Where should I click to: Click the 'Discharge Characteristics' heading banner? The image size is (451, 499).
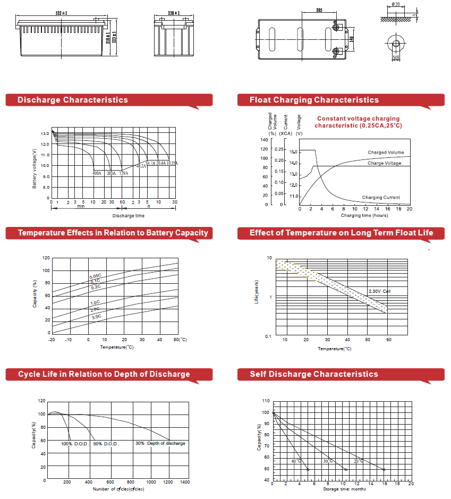(73, 100)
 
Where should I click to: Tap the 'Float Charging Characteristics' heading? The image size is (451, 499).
(314, 100)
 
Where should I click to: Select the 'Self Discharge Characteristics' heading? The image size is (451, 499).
(314, 374)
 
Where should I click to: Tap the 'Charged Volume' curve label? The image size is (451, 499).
(386, 153)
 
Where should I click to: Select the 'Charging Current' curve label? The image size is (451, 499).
(381, 198)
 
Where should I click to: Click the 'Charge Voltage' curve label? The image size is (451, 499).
(384, 163)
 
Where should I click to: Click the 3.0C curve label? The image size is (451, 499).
(96, 317)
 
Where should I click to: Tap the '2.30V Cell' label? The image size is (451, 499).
(380, 291)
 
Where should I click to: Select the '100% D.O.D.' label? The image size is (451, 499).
(74, 443)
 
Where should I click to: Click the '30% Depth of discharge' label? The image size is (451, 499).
(160, 443)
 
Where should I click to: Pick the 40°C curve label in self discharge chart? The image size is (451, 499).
(296, 461)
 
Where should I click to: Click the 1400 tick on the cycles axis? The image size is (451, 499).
(185, 482)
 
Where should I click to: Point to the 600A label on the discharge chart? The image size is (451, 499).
(97, 173)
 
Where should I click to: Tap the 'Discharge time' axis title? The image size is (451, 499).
(128, 216)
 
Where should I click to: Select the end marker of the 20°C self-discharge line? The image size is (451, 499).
(384, 469)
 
